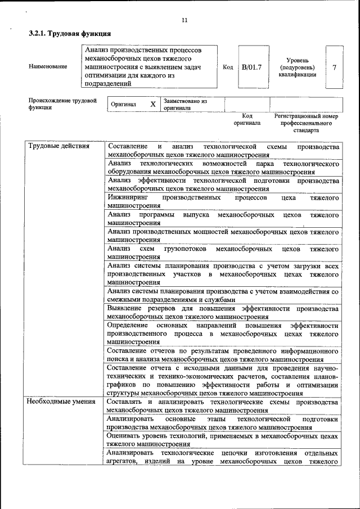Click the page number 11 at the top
[x=184, y=21]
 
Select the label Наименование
[x=48, y=67]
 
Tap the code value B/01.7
[x=251, y=67]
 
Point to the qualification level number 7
[x=335, y=67]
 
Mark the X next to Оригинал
[x=152, y=105]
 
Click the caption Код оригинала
[x=247, y=119]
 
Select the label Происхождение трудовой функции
[x=62, y=104]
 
